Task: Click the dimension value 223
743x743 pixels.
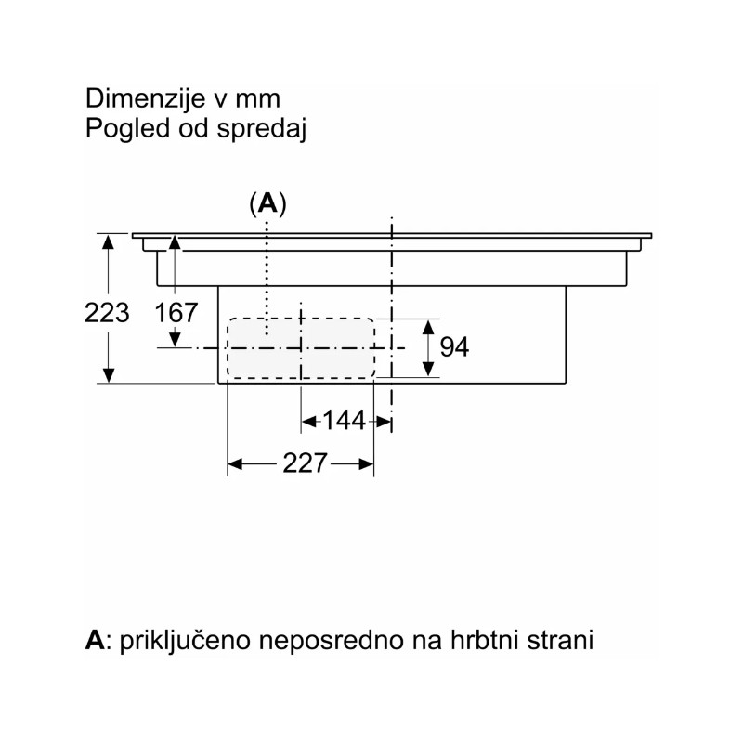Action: (107, 313)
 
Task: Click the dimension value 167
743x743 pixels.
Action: (176, 313)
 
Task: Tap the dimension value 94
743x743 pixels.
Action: (454, 346)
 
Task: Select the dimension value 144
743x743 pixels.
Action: (344, 421)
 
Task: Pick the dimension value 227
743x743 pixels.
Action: (305, 463)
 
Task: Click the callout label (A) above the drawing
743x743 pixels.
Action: (268, 204)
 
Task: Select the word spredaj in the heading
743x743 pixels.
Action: (262, 128)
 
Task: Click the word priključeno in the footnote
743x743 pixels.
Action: (185, 641)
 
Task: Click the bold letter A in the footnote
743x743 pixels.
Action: (95, 640)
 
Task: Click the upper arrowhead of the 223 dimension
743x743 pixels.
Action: (109, 241)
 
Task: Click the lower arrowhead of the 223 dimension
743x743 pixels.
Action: (109, 375)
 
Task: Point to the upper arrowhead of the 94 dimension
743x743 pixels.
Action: (428, 328)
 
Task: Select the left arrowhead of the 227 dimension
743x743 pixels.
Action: (235, 463)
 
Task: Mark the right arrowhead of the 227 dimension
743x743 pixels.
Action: (366, 463)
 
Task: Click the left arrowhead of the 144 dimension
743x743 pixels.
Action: (309, 421)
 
